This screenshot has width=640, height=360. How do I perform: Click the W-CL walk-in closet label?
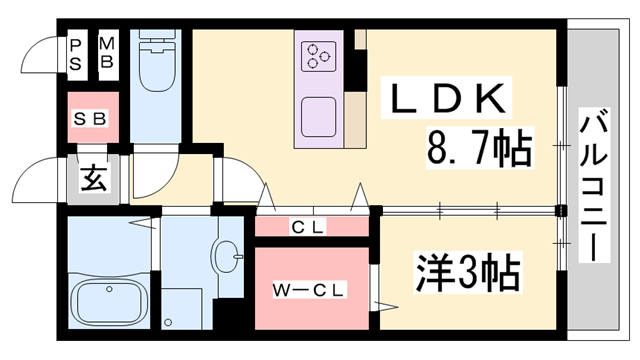310,291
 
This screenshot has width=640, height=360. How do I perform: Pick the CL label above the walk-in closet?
308,227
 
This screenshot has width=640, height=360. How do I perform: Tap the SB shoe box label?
92,118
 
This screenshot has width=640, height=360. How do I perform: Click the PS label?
76,56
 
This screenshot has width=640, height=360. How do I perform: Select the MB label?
107,56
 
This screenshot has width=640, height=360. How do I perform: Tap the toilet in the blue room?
158,65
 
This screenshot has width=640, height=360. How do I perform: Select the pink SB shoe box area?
93,118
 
